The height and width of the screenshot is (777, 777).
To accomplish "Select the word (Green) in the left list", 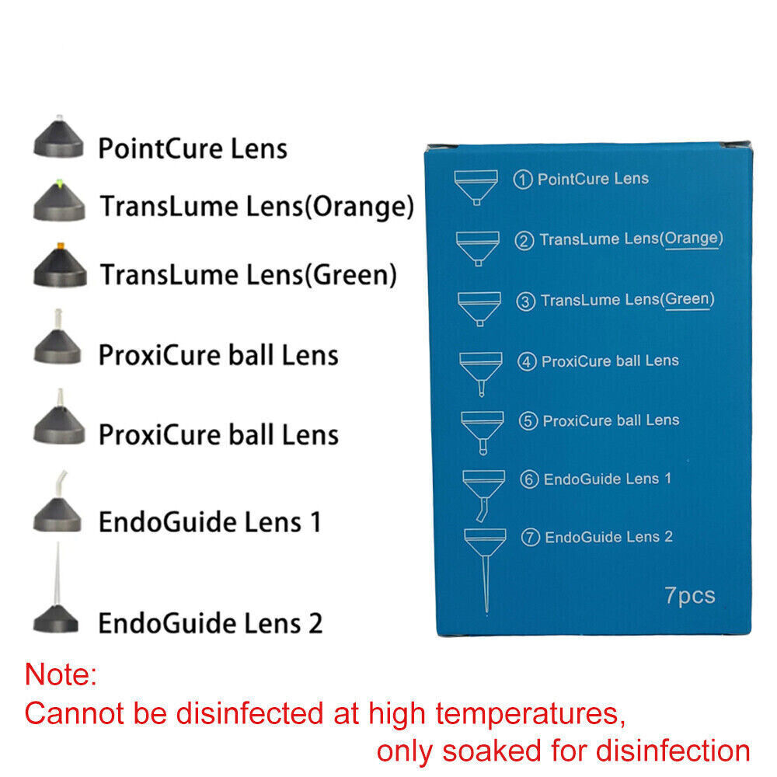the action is tap(350, 274).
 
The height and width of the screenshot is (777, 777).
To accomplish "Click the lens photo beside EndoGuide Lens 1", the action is tap(57, 501).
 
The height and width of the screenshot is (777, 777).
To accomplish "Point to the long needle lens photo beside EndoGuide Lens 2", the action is tap(56, 589).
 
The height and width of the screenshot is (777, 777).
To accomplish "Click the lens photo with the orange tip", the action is tap(60, 266).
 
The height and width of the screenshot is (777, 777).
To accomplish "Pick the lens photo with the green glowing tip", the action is tap(60, 200).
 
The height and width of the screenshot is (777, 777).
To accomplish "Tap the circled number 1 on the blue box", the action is tap(523, 179).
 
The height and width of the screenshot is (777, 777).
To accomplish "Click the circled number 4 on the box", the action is tap(527, 362).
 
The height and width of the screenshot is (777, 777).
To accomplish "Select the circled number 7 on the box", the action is tap(531, 538).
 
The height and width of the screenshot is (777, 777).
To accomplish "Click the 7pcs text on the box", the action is tap(690, 596).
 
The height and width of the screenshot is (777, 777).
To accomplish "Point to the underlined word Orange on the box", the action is tap(692, 239).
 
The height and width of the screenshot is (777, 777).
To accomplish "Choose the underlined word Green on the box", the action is tap(688, 299).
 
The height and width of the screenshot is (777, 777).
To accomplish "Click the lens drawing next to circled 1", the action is tap(476, 187).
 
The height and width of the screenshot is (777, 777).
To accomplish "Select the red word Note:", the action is tap(61, 674).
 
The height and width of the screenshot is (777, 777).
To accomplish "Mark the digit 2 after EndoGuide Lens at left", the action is tap(315, 623).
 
